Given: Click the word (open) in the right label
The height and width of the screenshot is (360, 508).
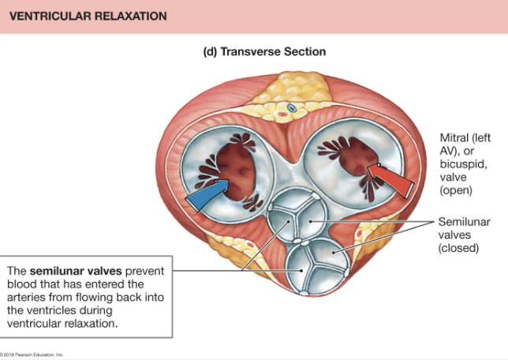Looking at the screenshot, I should [x=456, y=190].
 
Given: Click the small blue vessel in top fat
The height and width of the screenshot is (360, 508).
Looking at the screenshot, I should [x=290, y=107].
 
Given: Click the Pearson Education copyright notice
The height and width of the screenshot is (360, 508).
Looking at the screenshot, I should [x=32, y=356].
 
